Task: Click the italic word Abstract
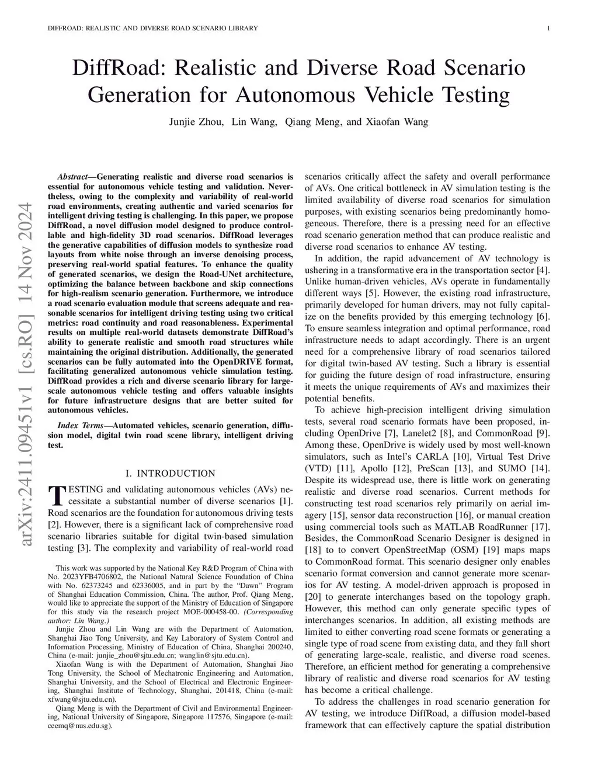pyautogui.click(x=72, y=176)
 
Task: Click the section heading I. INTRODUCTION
pyautogui.click(x=171, y=473)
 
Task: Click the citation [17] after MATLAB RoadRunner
pyautogui.click(x=541, y=526)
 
